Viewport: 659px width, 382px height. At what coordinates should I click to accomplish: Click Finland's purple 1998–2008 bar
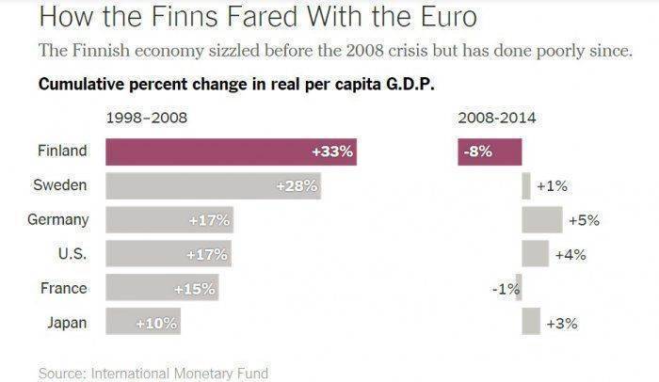pyautogui.click(x=231, y=151)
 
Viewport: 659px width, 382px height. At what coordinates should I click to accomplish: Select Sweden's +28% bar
pyautogui.click(x=213, y=186)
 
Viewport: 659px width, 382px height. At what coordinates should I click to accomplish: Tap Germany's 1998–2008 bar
pyautogui.click(x=169, y=220)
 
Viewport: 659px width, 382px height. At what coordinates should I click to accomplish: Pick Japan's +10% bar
pyautogui.click(x=141, y=323)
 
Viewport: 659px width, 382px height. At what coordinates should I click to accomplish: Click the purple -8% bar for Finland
pyautogui.click(x=490, y=151)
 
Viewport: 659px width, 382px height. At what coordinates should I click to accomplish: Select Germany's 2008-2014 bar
pyautogui.click(x=542, y=220)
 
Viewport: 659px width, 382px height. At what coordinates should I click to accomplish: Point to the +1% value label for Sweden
pyautogui.click(x=552, y=186)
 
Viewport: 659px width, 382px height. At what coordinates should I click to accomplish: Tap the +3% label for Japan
pyautogui.click(x=562, y=324)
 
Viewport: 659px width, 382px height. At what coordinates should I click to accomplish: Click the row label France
pyautogui.click(x=64, y=289)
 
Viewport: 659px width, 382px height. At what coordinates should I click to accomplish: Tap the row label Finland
pyautogui.click(x=63, y=151)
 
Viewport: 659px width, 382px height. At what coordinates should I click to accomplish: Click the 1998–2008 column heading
pyautogui.click(x=147, y=119)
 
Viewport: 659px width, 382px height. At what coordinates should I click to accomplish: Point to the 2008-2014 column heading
pyautogui.click(x=497, y=119)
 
